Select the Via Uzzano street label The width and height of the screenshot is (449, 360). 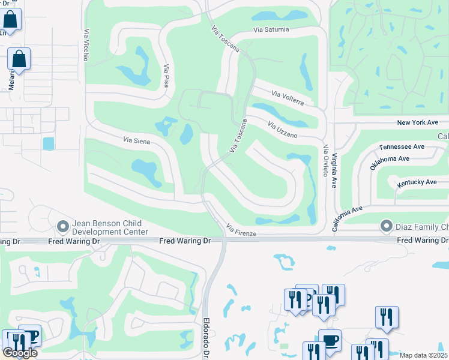tap(283, 130)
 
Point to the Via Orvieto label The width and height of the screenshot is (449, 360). tap(326, 160)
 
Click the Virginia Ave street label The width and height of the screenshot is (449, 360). tap(335, 169)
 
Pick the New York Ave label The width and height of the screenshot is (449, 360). tap(418, 122)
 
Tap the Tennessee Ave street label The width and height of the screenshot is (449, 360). tap(402, 146)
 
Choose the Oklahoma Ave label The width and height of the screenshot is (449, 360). tap(390, 163)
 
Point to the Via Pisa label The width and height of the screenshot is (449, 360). tap(166, 77)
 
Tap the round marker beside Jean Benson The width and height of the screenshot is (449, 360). tap(62, 227)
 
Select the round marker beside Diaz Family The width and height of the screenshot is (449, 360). tap(385, 227)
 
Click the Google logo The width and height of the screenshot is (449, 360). tap(20, 353)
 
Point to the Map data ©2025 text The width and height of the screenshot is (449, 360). tap(423, 355)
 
